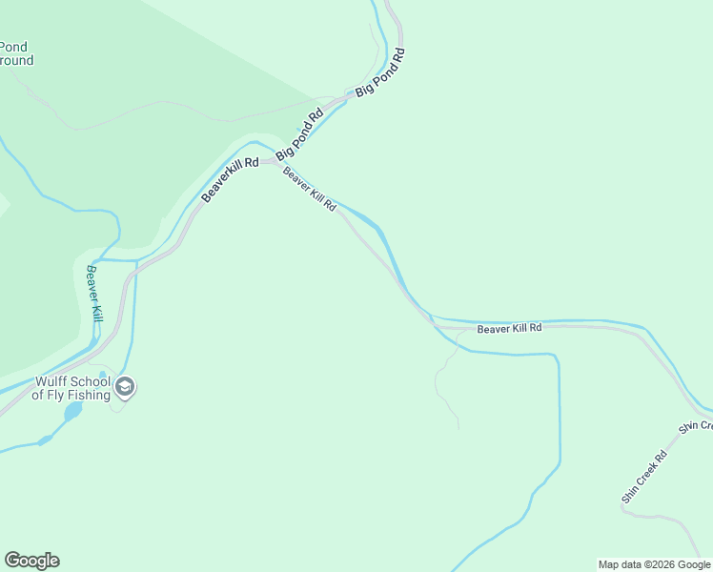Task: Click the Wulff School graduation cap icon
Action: (125, 387)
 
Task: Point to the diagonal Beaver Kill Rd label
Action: (310, 190)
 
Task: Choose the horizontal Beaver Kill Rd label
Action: (509, 328)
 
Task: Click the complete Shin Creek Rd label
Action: (644, 477)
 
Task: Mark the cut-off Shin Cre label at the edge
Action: (696, 425)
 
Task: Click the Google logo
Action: (31, 561)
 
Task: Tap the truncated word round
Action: (16, 60)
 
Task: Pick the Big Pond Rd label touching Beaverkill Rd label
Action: (300, 135)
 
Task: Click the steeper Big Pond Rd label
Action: (381, 71)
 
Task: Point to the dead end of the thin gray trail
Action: (458, 428)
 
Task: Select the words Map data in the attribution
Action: (618, 564)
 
